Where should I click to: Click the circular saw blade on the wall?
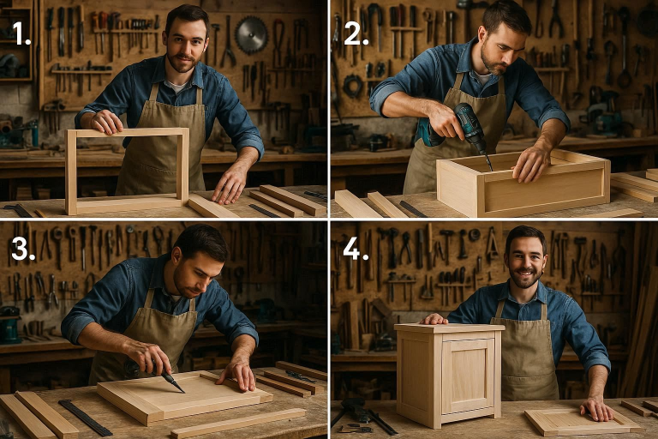pyautogui.click(x=251, y=35)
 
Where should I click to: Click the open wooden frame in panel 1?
pyautogui.click(x=127, y=171)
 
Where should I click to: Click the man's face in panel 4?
pyautogui.click(x=525, y=258)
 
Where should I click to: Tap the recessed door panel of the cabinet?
pyautogui.click(x=467, y=376)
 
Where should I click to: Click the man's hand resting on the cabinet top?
pyautogui.click(x=434, y=319)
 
